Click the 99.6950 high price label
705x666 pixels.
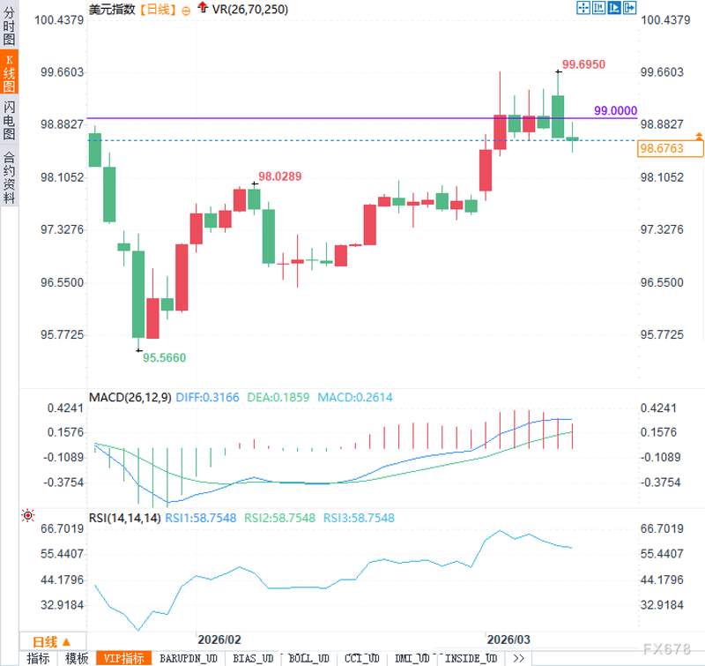point(583,64)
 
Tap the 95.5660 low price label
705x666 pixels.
point(165,357)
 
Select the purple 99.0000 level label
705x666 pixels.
point(615,110)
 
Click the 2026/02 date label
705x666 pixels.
point(219,639)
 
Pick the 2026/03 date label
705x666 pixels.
point(508,639)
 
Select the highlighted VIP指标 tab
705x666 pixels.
point(123,658)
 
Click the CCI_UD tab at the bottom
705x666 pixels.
point(362,658)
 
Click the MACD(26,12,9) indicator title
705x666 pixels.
point(130,398)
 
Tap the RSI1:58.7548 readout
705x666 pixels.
point(200,518)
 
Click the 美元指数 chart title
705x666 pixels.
point(112,10)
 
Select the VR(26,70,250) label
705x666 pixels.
point(251,10)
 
